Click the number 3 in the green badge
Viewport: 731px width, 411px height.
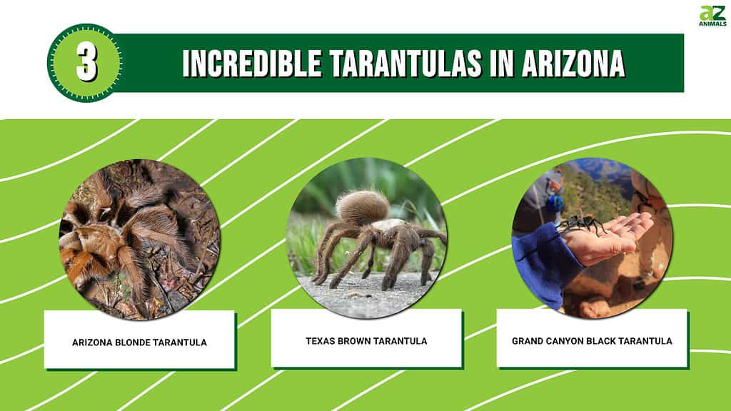[86, 63]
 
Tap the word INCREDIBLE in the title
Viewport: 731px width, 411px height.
[252, 63]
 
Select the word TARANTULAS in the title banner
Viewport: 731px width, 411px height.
[405, 63]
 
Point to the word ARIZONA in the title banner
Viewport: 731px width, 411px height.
[573, 63]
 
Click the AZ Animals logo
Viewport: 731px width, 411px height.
[712, 16]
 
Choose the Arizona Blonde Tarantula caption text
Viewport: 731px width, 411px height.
[139, 342]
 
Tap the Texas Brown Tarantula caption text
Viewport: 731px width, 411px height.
[366, 341]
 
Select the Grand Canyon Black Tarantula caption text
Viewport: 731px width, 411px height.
[592, 341]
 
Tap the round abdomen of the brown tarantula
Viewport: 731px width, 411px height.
[362, 207]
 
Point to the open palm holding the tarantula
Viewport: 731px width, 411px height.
[606, 238]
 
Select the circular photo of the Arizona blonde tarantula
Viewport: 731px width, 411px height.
[140, 239]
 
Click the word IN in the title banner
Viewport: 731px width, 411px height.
[502, 63]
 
